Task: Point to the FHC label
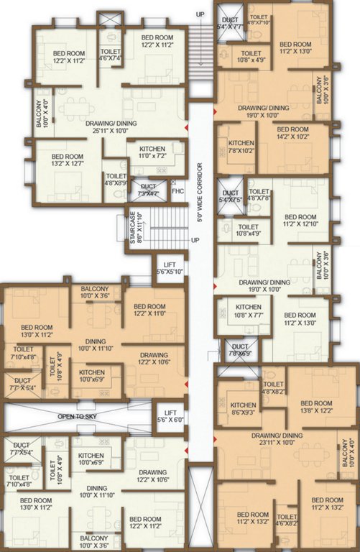(178, 191)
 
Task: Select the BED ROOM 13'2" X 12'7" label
(68, 160)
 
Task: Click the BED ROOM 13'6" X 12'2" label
(315, 407)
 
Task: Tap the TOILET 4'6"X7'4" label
(111, 55)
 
